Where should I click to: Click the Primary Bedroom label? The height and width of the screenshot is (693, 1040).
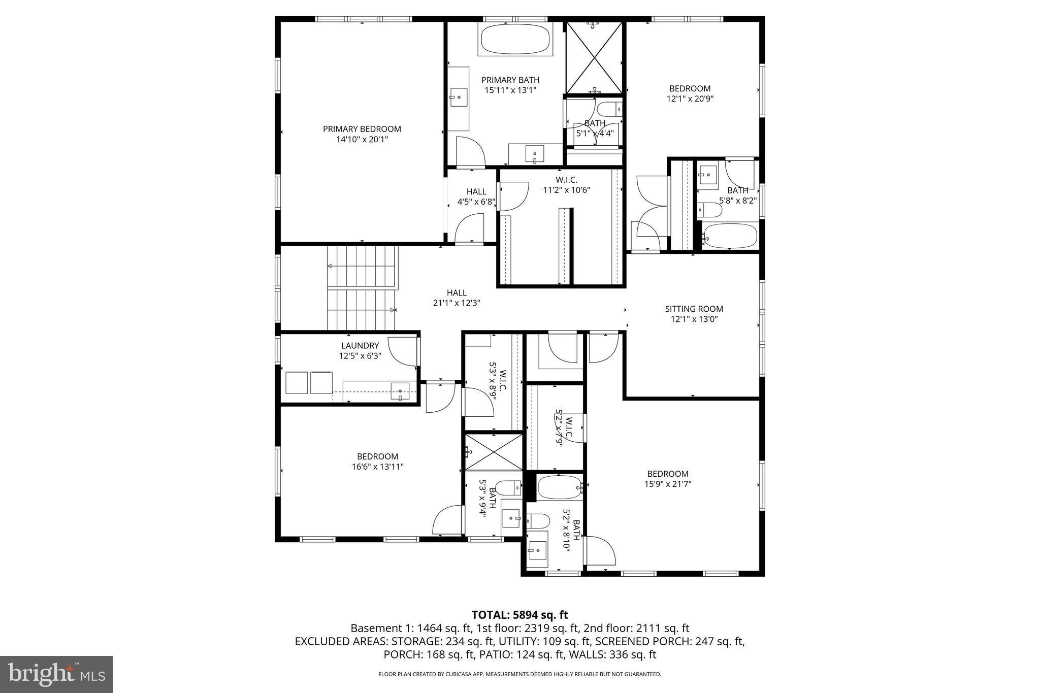pyautogui.click(x=362, y=129)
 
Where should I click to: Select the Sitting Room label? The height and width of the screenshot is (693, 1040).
pyautogui.click(x=694, y=309)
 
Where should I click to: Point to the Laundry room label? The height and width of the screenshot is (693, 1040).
pyautogui.click(x=360, y=346)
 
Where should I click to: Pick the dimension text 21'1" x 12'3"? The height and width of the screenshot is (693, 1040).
pyautogui.click(x=456, y=303)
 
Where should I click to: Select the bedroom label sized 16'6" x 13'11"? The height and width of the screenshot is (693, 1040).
pyautogui.click(x=377, y=456)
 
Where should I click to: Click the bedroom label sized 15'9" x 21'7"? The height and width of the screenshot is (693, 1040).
pyautogui.click(x=667, y=474)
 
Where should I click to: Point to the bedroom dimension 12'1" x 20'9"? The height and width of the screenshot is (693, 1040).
pyautogui.click(x=690, y=99)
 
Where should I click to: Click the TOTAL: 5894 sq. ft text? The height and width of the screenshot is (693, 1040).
pyautogui.click(x=519, y=615)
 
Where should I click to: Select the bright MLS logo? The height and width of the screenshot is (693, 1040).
pyautogui.click(x=56, y=674)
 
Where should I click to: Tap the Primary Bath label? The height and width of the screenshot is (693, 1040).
pyautogui.click(x=510, y=80)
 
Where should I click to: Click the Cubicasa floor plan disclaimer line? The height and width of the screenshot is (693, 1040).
pyautogui.click(x=519, y=674)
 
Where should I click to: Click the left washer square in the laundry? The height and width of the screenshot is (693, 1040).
pyautogui.click(x=297, y=382)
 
